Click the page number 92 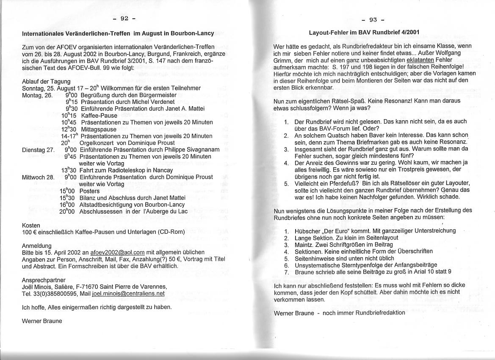point(124,18)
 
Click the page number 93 point(373,19)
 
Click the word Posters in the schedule point(89,191)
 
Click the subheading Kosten point(31,225)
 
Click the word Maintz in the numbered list point(304,244)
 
